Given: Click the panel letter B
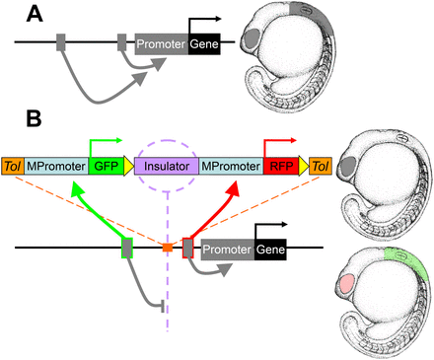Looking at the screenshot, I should pos(34,119).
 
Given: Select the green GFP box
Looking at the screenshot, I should pos(105,168).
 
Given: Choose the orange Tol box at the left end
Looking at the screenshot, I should pos(13,168).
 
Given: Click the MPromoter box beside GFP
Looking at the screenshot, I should pos(57,168).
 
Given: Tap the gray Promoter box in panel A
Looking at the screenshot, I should pos(160,42).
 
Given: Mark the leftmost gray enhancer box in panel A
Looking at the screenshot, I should pos(60,42).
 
